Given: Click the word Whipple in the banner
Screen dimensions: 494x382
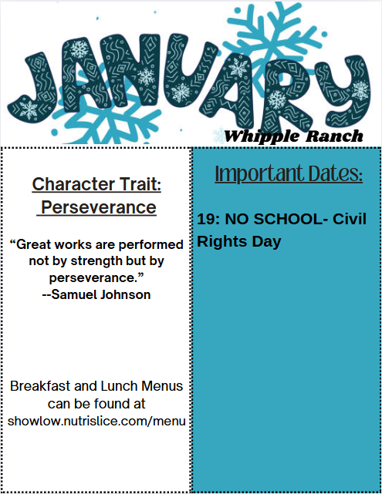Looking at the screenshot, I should pos(259,136).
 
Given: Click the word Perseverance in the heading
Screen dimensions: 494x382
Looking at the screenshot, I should pos(98,207).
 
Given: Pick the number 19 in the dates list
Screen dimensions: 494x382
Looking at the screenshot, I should pos(205,220).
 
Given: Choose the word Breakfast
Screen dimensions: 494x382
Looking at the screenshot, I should pos(42,385).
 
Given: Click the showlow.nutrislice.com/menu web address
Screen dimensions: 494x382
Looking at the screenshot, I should pos(96,421).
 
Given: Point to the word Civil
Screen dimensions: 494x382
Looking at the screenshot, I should pos(349,220).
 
